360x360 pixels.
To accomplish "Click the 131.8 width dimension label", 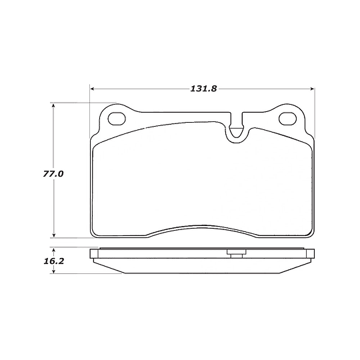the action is [203, 89].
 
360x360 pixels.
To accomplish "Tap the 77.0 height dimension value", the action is [53, 174].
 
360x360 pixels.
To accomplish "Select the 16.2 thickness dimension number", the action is [54, 261].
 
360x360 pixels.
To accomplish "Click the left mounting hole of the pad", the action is [117, 119].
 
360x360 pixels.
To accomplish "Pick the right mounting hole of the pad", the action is [288, 119].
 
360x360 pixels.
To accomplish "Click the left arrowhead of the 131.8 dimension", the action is [92, 89].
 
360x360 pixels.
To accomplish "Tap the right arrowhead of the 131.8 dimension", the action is [312, 89].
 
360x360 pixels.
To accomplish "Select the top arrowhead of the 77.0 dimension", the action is [54, 105].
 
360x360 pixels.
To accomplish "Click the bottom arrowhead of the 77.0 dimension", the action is [54, 235].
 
